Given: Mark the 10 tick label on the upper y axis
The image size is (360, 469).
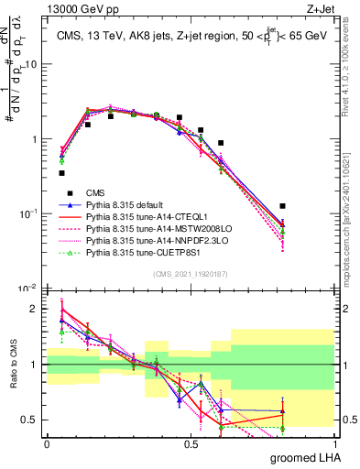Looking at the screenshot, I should coord(30,64).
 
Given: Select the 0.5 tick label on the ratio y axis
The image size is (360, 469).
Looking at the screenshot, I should coord(30,420).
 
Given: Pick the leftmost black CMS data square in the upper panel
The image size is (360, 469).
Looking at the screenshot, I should coord(61,172).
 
